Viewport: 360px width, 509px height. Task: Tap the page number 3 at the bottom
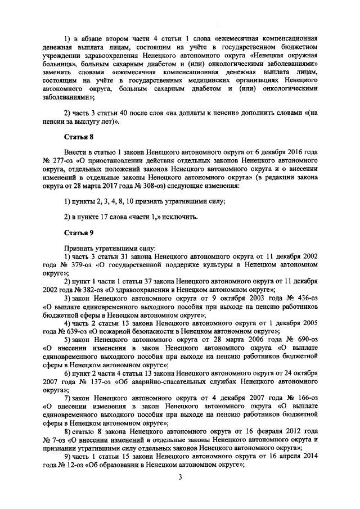pyautogui.click(x=179, y=478)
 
